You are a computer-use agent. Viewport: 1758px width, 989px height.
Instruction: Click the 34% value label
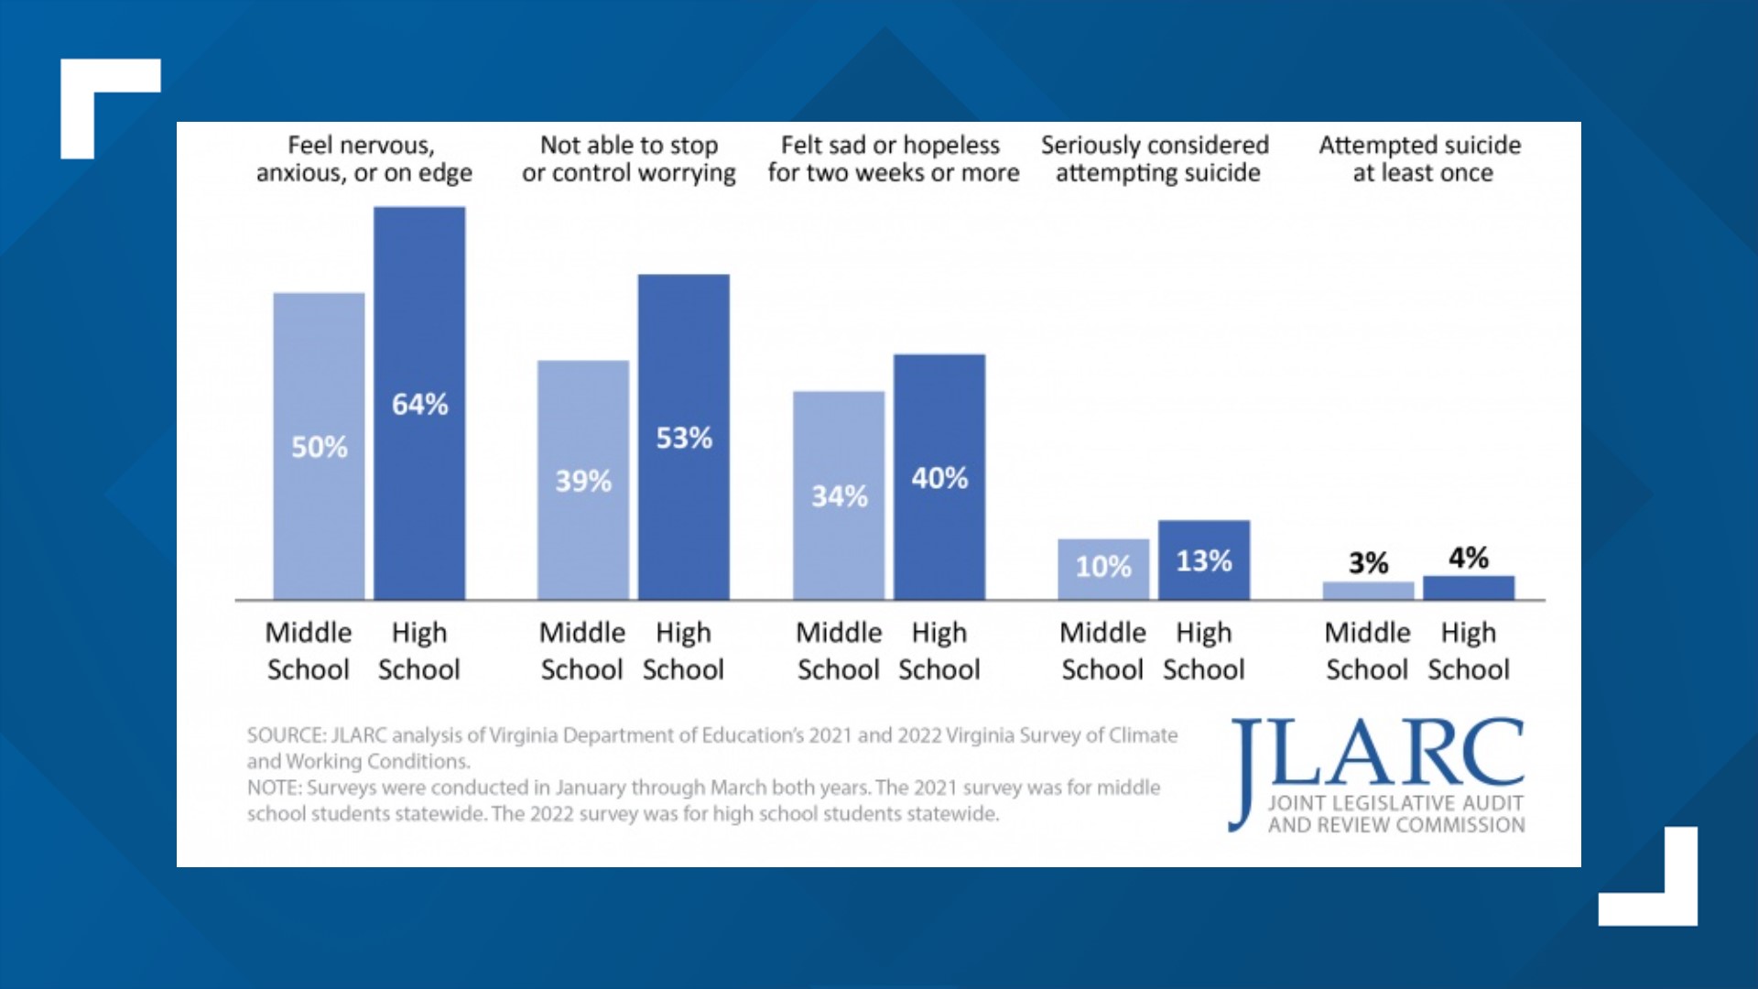click(839, 496)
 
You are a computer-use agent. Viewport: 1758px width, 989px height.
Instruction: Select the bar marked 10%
click(1103, 568)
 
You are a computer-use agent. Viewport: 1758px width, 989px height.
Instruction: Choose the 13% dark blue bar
click(1203, 560)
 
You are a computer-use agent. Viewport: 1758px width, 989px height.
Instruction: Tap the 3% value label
click(1368, 562)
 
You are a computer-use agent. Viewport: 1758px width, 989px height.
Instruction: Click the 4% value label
click(1468, 557)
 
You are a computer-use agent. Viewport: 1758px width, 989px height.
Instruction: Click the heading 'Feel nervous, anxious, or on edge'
click(364, 158)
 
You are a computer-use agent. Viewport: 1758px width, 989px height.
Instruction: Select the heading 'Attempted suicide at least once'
click(1420, 158)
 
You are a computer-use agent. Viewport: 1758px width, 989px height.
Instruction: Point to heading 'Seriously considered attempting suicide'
click(1156, 158)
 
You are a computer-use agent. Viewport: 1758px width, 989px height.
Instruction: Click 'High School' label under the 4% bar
click(1468, 651)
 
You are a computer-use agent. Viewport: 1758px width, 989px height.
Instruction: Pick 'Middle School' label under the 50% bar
click(309, 651)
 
